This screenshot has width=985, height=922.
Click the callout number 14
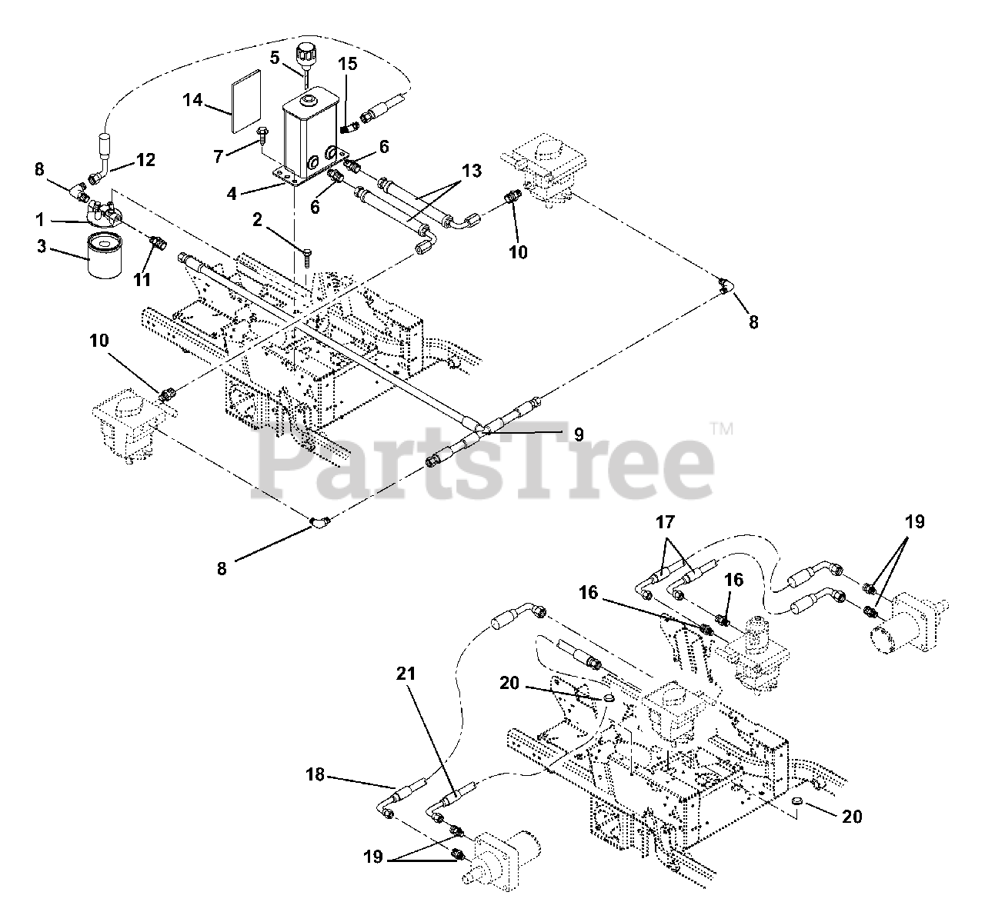(193, 99)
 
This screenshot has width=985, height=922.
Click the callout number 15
(348, 64)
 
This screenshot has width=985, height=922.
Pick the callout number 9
(578, 434)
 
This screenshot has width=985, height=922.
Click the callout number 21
(406, 674)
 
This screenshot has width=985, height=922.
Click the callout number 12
(145, 160)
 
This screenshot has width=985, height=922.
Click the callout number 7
(219, 157)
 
